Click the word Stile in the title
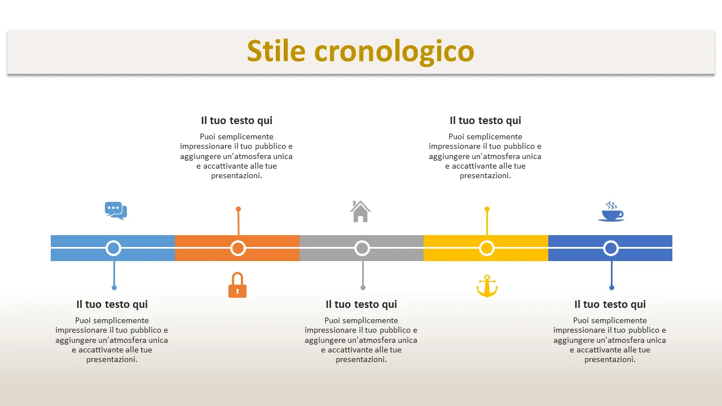click(276, 51)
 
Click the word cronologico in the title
click(394, 53)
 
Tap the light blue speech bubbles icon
click(116, 211)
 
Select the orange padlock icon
click(237, 285)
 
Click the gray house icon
click(360, 211)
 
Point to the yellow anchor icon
click(487, 286)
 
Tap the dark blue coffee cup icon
click(611, 211)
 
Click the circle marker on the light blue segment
click(113, 248)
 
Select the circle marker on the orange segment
click(238, 248)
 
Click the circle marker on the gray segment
click(362, 248)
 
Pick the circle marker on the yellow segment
click(487, 248)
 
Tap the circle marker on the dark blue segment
click(611, 248)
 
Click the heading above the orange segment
click(236, 121)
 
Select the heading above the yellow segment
click(486, 121)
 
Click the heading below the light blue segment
click(112, 304)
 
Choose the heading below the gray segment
click(362, 304)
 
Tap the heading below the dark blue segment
click(610, 304)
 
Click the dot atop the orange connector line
click(238, 209)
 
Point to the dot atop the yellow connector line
click(487, 209)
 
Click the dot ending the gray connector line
click(363, 288)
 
